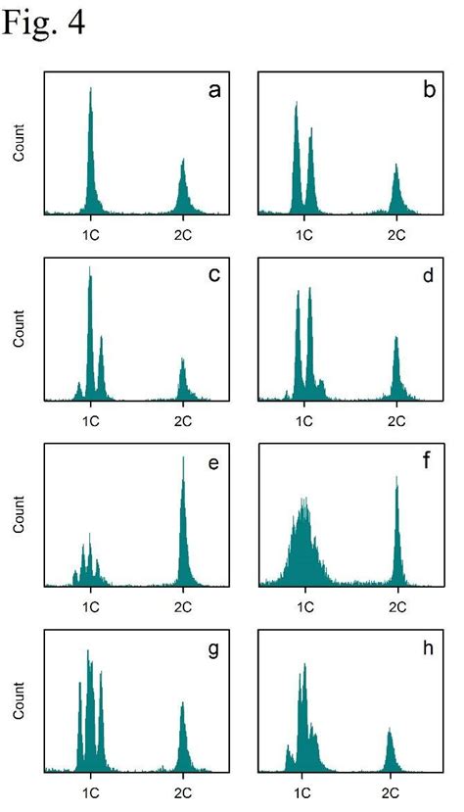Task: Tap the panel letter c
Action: tap(211, 275)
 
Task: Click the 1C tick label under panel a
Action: tap(91, 235)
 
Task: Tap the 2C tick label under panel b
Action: tap(395, 235)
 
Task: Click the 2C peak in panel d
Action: tap(395, 372)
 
